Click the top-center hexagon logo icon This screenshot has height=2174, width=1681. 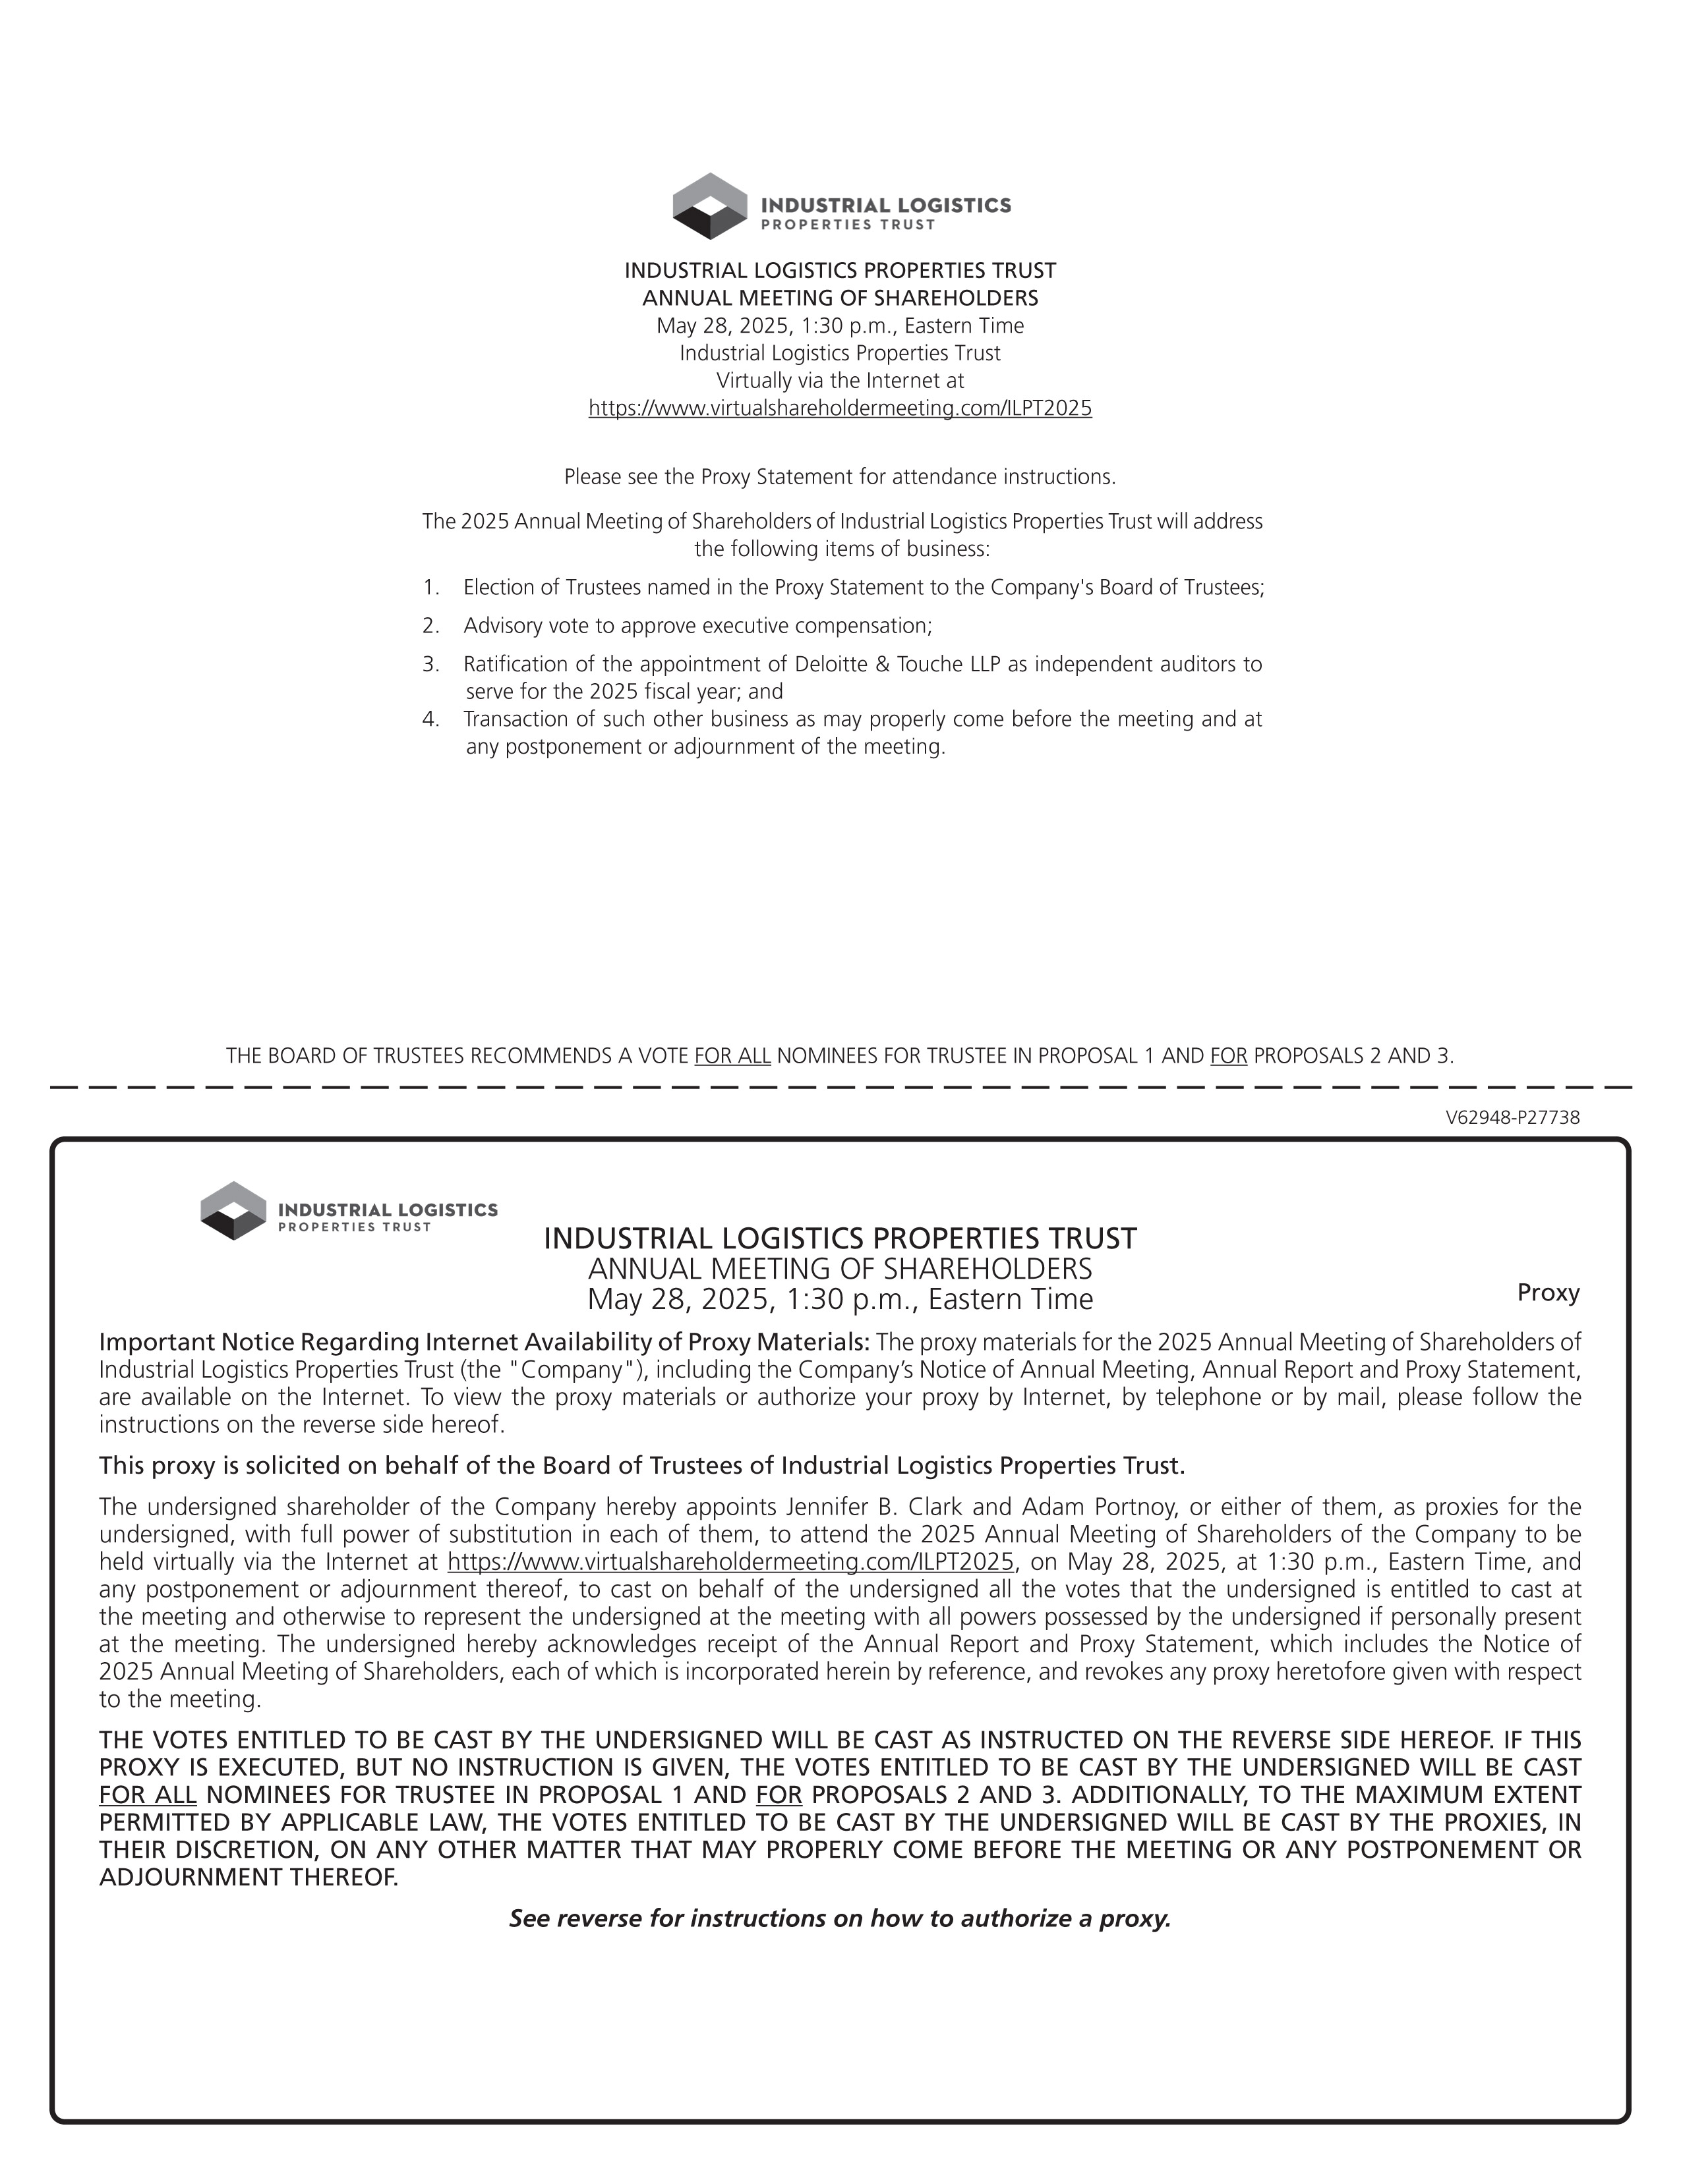coord(710,206)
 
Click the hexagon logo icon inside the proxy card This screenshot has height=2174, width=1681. coord(233,1210)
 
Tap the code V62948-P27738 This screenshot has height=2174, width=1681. coord(1512,1118)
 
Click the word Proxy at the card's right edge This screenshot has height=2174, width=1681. coord(1548,1293)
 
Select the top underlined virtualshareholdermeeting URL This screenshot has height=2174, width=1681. coord(839,408)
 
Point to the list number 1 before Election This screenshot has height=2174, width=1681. coord(430,587)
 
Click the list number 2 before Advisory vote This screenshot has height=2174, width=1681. coord(430,626)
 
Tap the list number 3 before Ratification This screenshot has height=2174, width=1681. coord(430,664)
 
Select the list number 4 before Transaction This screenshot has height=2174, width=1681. coord(430,719)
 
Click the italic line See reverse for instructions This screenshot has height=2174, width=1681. coord(839,1918)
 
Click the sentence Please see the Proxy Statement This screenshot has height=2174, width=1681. coord(839,477)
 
